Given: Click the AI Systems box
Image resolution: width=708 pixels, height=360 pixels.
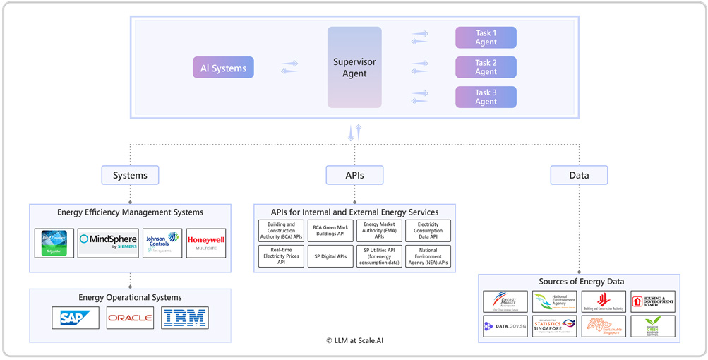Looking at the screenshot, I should point(223,68).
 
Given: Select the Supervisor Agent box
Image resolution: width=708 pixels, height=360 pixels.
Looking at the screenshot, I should point(354,68).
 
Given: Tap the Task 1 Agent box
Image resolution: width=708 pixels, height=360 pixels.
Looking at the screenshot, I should point(486,37).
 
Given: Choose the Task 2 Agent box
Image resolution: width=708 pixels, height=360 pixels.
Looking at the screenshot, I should point(486,67).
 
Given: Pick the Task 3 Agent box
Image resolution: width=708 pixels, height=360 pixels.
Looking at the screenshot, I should point(486,97).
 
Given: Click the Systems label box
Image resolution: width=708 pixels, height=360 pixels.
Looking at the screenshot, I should point(130,175).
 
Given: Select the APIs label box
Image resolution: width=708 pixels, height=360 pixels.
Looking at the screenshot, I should point(354,175).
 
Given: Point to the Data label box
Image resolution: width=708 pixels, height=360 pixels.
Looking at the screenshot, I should point(579,175).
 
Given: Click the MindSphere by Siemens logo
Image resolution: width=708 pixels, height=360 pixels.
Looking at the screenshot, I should point(108,243).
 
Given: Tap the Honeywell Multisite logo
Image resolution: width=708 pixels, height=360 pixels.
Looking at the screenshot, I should point(206,243).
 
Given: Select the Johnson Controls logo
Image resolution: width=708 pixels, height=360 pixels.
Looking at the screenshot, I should point(162,243).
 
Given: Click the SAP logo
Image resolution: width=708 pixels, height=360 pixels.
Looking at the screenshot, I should point(76,318).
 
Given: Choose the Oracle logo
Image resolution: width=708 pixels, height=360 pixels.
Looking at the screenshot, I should point(130,318).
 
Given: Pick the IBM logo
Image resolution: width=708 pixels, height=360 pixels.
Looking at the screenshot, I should point(185,318).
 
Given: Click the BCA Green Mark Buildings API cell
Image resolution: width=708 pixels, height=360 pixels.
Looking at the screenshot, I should point(330,231).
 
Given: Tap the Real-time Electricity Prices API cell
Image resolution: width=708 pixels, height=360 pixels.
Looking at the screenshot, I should point(281,256).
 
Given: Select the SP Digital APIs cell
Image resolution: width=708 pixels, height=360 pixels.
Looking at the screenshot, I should point(330,256).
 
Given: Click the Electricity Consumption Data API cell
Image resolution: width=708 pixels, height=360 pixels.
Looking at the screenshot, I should point(428,231).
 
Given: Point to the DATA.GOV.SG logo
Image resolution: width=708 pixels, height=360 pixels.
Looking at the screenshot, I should point(505,326).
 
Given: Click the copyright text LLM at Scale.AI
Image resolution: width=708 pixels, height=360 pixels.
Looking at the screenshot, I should point(354,340).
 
